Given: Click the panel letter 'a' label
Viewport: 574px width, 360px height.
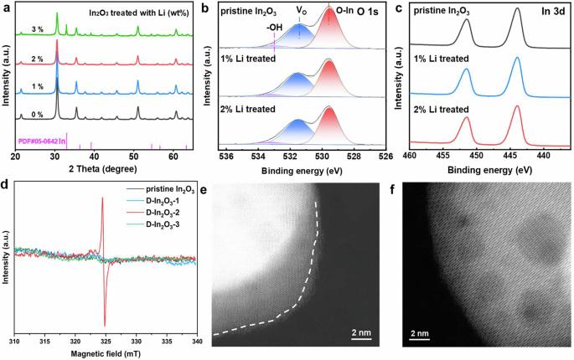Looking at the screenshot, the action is click(x=6, y=7).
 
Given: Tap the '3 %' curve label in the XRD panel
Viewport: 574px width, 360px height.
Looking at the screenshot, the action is click(x=38, y=30).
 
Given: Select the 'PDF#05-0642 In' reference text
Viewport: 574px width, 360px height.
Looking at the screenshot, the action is click(x=42, y=141).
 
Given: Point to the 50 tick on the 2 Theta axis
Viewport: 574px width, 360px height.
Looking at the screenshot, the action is click(x=133, y=157).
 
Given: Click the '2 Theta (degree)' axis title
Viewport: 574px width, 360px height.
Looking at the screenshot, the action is click(x=103, y=168).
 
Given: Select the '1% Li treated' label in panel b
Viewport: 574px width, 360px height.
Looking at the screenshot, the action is click(x=248, y=58).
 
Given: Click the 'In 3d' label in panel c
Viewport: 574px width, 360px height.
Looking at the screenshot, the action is click(x=553, y=12).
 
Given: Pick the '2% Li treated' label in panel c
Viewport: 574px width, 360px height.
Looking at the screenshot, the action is click(x=441, y=110).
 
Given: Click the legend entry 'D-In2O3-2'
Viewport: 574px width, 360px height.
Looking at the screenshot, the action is click(x=163, y=213).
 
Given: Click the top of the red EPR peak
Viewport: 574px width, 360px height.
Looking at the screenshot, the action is click(x=102, y=198).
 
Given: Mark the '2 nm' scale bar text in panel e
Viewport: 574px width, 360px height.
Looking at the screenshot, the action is click(x=361, y=332).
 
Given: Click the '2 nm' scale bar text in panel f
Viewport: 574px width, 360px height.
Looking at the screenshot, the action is click(x=420, y=333).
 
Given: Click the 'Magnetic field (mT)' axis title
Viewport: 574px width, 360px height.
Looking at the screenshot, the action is click(x=106, y=354).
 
